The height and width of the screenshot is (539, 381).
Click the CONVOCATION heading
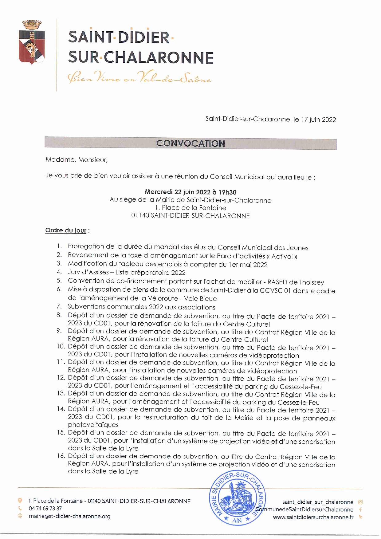pos(190,144)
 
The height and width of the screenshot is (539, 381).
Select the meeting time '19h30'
pos(227,192)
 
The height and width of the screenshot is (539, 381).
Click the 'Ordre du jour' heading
pos(66,230)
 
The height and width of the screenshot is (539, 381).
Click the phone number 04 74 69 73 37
pos(45,509)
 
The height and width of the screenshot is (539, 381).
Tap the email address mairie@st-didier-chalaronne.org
pos(69,516)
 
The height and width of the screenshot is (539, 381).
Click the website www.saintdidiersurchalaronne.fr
pos(313,517)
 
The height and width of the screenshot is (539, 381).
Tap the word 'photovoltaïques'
pos(93,425)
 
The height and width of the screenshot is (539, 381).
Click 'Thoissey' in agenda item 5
pos(311,282)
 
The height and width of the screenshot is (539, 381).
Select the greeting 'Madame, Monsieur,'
pos(77,160)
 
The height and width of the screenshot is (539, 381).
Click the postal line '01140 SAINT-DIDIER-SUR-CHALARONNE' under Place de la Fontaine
pos(190,216)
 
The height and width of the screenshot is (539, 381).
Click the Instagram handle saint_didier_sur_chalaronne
pos(318,502)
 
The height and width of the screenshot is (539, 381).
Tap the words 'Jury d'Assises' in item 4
pos(88,272)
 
